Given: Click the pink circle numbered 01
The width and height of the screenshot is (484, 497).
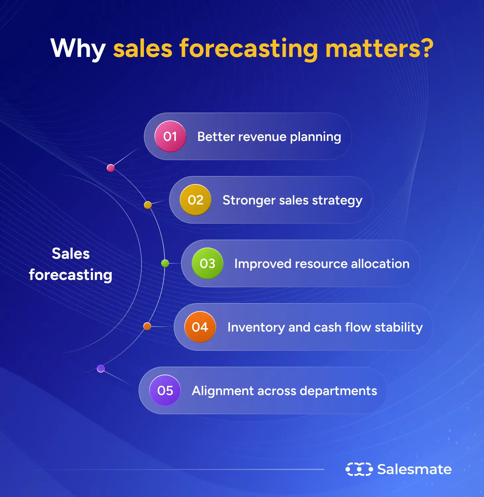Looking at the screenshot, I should tap(170, 136).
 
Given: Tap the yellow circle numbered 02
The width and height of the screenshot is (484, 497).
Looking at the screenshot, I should tap(195, 200).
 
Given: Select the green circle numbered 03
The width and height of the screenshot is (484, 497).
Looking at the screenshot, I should tap(207, 263).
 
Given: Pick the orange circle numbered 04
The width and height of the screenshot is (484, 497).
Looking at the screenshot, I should tap(200, 327).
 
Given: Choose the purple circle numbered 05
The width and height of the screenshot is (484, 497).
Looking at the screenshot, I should tap(165, 390).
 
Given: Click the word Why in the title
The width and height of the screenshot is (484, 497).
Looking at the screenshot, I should tap(78, 49).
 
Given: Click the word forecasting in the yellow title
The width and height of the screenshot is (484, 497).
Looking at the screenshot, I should tap(249, 49).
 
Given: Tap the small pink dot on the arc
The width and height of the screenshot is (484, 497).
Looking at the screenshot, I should tap(111, 168).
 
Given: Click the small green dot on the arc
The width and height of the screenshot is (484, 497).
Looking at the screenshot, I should tap(165, 263).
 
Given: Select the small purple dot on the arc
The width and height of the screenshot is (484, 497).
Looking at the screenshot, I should tap(101, 368).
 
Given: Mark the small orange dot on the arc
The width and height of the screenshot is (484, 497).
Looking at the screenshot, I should tap(147, 326).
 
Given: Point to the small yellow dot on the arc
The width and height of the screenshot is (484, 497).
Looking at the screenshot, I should tap(148, 205).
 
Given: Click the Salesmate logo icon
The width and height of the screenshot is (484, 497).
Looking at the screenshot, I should tap(359, 469).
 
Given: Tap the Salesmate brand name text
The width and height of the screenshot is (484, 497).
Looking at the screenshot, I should tap(414, 469).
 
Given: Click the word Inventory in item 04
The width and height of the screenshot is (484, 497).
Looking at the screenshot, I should tap(256, 327).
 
